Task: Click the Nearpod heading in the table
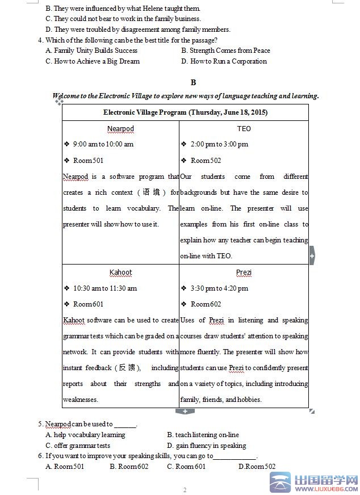click(x=120, y=128)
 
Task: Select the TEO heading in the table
click(x=244, y=128)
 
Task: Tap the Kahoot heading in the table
click(x=120, y=272)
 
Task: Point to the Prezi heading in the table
click(x=244, y=272)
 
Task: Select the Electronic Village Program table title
click(x=185, y=112)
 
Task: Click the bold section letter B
click(x=193, y=82)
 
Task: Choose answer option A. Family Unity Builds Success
click(x=91, y=51)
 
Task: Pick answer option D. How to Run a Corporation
click(x=224, y=61)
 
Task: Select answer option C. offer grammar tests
click(x=78, y=446)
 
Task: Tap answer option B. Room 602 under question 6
click(x=129, y=467)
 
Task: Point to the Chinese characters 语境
click(x=151, y=192)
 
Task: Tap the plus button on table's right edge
click(x=312, y=256)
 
